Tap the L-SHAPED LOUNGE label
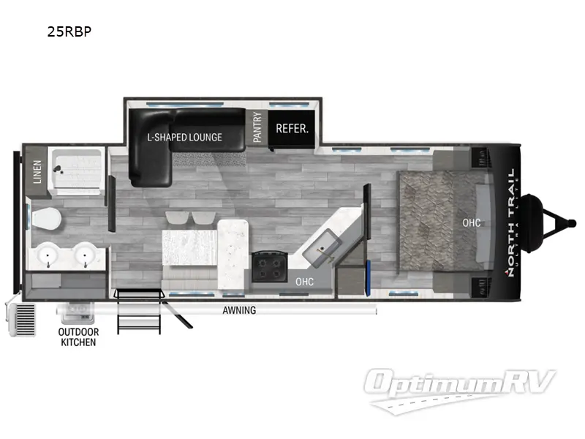(x=184, y=137)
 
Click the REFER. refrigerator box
(x=292, y=129)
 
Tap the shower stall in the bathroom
(x=76, y=171)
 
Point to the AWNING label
(x=239, y=310)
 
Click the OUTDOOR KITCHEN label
(x=78, y=337)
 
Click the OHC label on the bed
(x=472, y=222)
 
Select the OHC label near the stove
(x=304, y=281)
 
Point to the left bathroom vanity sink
(x=48, y=255)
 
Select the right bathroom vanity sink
(x=86, y=255)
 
